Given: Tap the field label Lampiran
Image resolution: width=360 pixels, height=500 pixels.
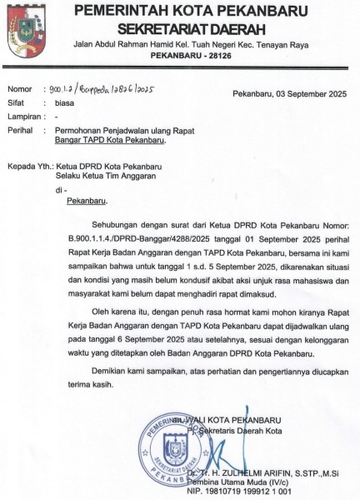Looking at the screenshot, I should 23,117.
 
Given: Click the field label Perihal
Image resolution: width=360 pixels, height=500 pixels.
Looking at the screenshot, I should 21,130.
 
